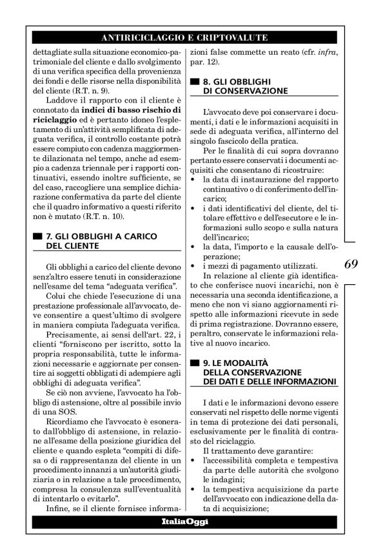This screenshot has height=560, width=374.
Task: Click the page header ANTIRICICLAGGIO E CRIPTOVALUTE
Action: click(x=186, y=37)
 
